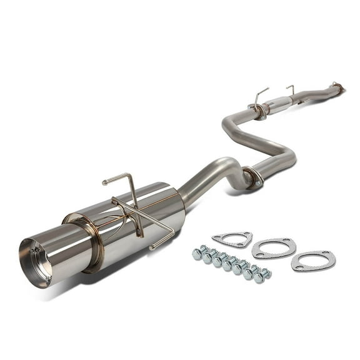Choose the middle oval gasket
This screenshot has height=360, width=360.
pyautogui.click(x=274, y=248)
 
